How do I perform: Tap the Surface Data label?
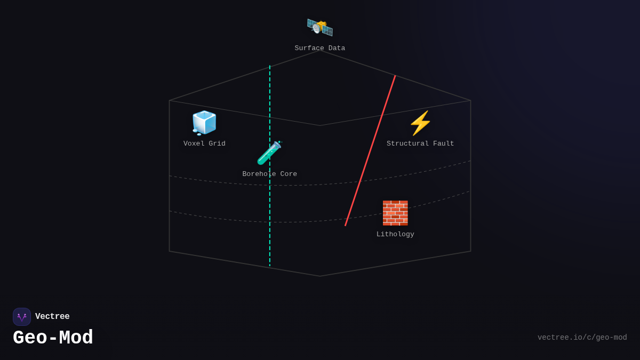(319, 49)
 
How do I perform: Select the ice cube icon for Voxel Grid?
(204, 123)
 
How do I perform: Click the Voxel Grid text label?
(204, 144)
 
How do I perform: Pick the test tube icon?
(269, 153)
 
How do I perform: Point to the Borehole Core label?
(269, 174)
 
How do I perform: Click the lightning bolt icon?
(420, 123)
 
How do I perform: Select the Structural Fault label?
(420, 144)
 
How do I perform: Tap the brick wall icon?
(395, 213)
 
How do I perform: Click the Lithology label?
(395, 235)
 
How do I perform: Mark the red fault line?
(370, 151)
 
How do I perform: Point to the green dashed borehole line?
(270, 224)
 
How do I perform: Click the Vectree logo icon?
(22, 317)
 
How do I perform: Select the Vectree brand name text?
(52, 317)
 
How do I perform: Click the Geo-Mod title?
(53, 338)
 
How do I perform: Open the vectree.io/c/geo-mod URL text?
(582, 338)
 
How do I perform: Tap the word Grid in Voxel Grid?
(217, 144)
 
